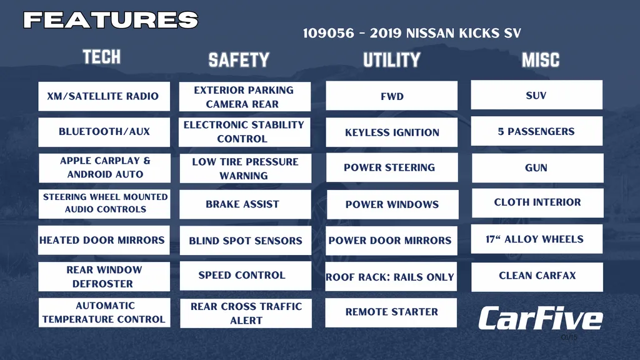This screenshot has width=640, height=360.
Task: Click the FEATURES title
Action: coord(111,20)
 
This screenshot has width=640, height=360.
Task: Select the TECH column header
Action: coord(102,57)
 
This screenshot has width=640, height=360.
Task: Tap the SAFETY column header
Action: coord(239,60)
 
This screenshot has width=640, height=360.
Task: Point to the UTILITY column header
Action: coord(391,60)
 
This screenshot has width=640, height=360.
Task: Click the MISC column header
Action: coord(541,60)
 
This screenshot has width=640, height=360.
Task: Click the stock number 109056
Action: coord(329,33)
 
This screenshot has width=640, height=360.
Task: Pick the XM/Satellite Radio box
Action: coord(104,96)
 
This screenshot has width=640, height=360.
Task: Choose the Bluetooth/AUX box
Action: coord(104,132)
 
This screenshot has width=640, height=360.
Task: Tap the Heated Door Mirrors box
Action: coord(104,240)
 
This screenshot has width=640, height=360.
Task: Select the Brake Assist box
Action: coord(245,204)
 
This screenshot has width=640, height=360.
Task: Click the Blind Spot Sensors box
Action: coord(245,241)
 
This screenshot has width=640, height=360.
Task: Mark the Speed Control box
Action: coord(245,276)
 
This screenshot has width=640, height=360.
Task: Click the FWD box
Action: coord(391,96)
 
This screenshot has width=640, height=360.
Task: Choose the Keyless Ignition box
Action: coord(391,132)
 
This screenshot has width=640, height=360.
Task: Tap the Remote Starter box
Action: coord(391,312)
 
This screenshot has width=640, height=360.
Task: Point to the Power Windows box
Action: coord(392,204)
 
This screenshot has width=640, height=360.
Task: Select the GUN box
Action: coord(537,167)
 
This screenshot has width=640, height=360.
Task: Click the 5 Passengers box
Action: coord(537,131)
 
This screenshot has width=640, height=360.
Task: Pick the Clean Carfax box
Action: coord(537,277)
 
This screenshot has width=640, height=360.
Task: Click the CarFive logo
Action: coord(541,319)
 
